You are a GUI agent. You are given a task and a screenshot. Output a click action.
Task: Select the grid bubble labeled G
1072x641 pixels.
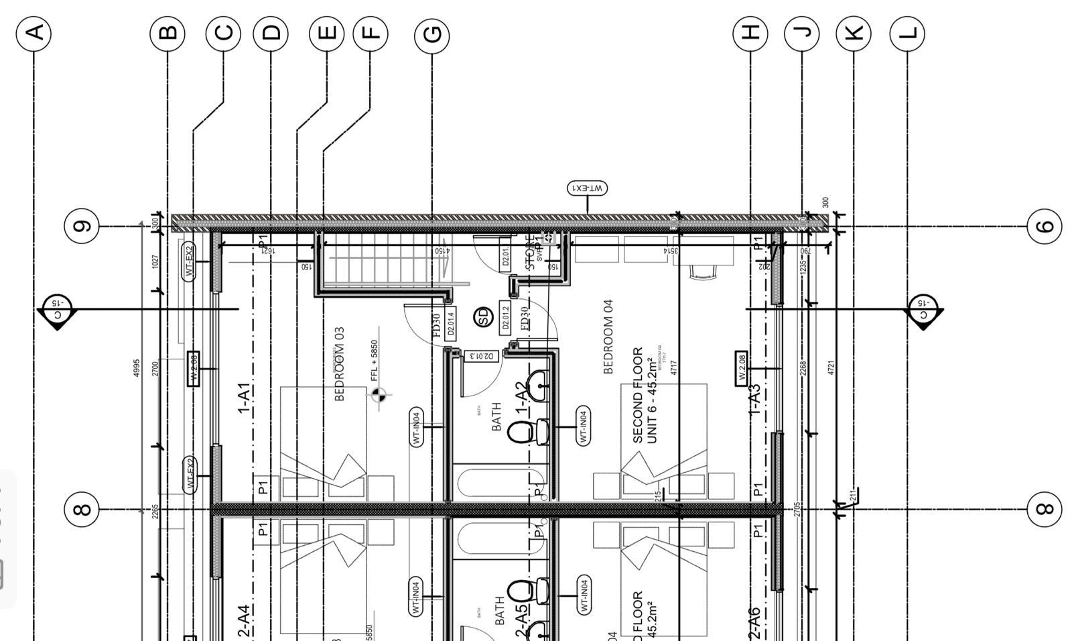pos(432,34)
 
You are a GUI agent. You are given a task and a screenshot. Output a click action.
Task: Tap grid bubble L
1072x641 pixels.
pos(907,32)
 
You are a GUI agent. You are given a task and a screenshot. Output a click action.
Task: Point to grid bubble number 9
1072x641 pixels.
pos(81,226)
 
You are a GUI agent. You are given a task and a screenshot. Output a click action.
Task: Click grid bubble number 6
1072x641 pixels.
pos(1045,226)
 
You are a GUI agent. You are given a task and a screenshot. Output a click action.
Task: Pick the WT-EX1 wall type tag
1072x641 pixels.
pos(588,188)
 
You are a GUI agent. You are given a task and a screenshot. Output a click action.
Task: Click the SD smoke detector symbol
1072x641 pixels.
pos(483,316)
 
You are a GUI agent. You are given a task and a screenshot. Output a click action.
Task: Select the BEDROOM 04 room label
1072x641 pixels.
pos(608,337)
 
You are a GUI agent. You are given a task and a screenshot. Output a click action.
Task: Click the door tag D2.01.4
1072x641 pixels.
pos(450,324)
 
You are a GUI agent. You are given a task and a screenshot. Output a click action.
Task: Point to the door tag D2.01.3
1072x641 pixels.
pos(482,356)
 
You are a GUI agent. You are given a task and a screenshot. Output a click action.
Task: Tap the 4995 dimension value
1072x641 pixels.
pos(136,367)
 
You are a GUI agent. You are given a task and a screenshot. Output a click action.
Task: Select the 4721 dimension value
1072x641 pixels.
pos(831,367)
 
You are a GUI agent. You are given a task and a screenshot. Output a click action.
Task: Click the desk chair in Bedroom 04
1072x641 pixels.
pos(703,271)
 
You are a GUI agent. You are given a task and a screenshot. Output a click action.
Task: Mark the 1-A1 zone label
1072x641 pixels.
pos(243,398)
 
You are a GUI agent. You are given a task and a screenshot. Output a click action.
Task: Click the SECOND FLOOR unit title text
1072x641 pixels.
pos(637,395)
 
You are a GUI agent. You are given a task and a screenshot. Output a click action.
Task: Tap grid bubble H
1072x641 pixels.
pos(750,32)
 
